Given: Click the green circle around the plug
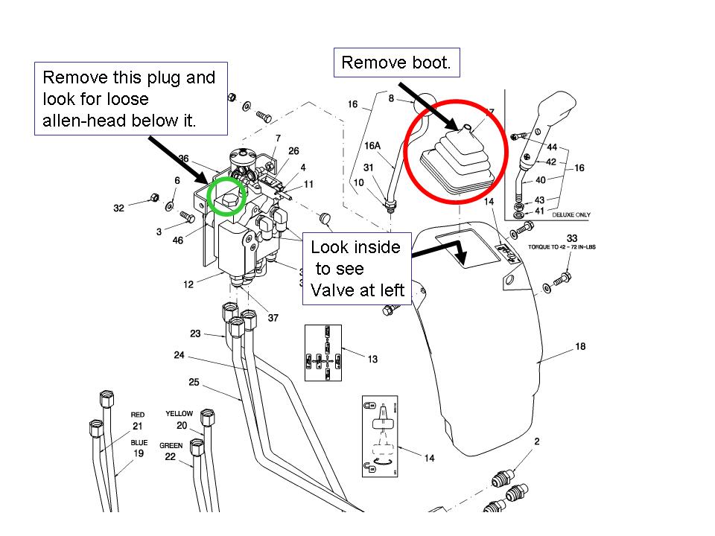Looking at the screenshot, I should (227, 197).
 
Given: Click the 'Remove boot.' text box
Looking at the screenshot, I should (396, 63).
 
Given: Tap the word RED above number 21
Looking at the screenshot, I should (137, 415).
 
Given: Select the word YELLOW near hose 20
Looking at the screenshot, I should (179, 414).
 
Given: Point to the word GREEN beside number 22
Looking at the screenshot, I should (171, 445).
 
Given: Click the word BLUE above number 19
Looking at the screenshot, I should (139, 442).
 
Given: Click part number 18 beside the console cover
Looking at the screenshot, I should (581, 347).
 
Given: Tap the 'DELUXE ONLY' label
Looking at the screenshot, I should (571, 214).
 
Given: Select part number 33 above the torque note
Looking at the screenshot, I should (572, 238).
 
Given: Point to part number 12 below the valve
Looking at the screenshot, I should (188, 284).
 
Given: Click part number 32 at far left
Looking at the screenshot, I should (119, 209).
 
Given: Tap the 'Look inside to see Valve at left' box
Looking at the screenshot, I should (357, 269).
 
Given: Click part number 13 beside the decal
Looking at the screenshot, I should (372, 360).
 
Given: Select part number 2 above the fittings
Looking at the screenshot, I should (537, 442).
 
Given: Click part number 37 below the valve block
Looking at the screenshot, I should (273, 318).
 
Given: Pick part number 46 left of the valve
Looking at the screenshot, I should (178, 241).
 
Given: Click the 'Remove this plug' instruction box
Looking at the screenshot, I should (130, 99).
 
